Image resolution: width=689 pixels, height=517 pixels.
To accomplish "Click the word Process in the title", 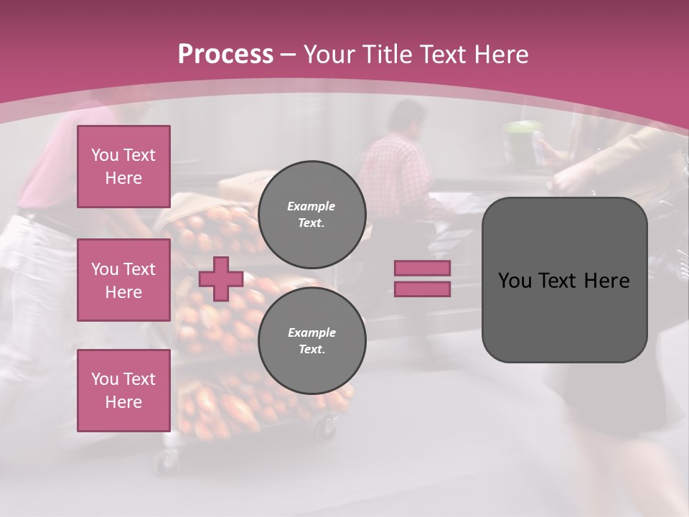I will (225, 55).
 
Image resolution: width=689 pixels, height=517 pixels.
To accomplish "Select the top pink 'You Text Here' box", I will (123, 167).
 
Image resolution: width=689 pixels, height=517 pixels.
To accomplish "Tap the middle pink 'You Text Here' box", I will (123, 280).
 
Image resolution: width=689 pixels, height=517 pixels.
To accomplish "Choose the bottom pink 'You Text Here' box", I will (123, 390).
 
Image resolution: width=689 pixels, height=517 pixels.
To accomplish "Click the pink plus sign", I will (221, 279).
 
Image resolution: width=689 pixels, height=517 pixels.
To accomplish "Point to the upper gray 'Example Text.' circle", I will (311, 214).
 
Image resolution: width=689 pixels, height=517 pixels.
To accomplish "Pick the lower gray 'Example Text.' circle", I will (311, 340).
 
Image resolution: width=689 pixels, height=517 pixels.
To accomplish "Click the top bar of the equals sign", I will (422, 268).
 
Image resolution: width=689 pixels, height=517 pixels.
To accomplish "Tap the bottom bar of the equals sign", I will (422, 289).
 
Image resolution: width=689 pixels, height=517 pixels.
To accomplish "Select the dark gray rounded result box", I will (564, 280).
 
